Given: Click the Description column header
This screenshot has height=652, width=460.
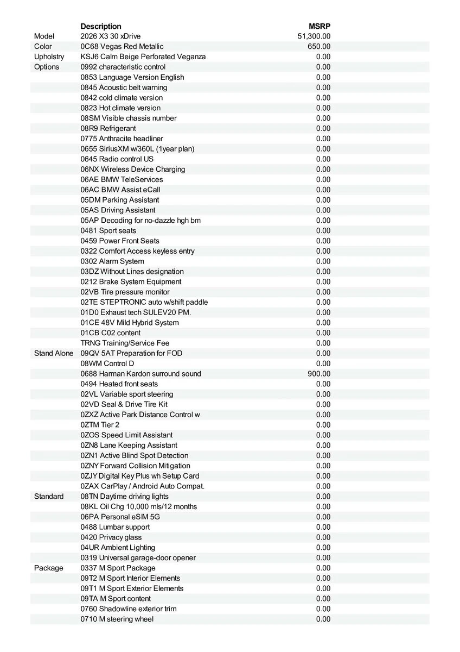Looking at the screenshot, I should [101, 26].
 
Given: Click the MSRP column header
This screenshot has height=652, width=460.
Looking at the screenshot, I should [320, 26].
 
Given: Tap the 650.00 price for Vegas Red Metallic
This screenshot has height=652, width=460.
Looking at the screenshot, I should [319, 47].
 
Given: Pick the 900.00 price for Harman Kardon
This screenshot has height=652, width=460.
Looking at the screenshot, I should [319, 374].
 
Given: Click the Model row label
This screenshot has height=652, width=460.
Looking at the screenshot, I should [44, 36].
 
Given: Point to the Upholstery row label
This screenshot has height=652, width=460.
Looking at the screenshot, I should [49, 57].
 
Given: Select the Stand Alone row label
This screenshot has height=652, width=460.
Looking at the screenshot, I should [53, 354].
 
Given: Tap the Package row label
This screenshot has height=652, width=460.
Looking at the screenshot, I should [48, 568].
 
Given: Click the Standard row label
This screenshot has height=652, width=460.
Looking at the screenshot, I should [48, 497].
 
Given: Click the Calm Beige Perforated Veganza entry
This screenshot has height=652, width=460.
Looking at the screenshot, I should [143, 57].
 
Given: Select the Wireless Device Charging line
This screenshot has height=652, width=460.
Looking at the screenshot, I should [133, 170].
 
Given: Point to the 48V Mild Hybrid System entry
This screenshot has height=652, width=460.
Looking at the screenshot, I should [130, 323].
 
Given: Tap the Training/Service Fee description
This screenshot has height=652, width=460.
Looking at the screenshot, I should [125, 343].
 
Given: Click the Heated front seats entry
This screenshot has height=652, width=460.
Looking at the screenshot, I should [119, 384].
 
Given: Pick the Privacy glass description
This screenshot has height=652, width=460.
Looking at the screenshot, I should [111, 537].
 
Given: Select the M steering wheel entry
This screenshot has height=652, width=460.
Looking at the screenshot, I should [117, 619].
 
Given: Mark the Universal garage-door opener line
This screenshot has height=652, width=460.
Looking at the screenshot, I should [138, 558].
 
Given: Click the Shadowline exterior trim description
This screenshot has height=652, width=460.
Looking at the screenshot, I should [129, 609].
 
